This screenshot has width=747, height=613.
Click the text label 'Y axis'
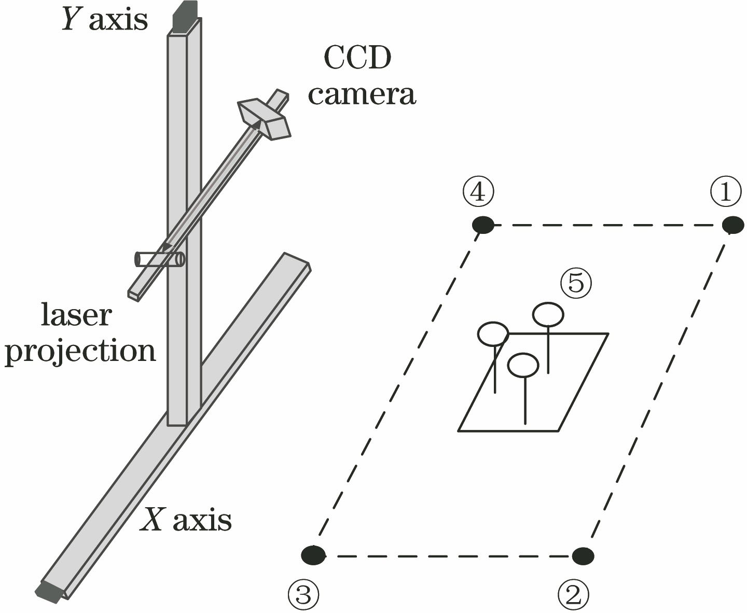pos(104,19)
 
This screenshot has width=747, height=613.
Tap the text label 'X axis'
pos(186,519)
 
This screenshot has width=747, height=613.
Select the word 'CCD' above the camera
pos(357,58)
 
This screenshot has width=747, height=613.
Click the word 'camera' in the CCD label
pos(362,94)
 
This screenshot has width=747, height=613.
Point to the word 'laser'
pos(76,315)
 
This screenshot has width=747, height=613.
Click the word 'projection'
pos(80,352)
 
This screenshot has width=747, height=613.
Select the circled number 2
pos(573,595)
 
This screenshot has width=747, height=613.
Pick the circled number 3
pos(303,595)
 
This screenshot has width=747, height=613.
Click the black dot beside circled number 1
pos(732,225)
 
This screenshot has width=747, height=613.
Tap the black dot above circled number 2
pos(583,555)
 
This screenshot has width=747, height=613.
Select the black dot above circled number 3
pos(313,555)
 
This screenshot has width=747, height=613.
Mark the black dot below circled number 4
pos(483,225)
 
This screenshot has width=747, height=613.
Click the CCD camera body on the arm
pos(264,118)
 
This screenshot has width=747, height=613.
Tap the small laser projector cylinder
pos(160,259)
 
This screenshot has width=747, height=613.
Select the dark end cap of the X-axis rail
pos(50,591)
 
